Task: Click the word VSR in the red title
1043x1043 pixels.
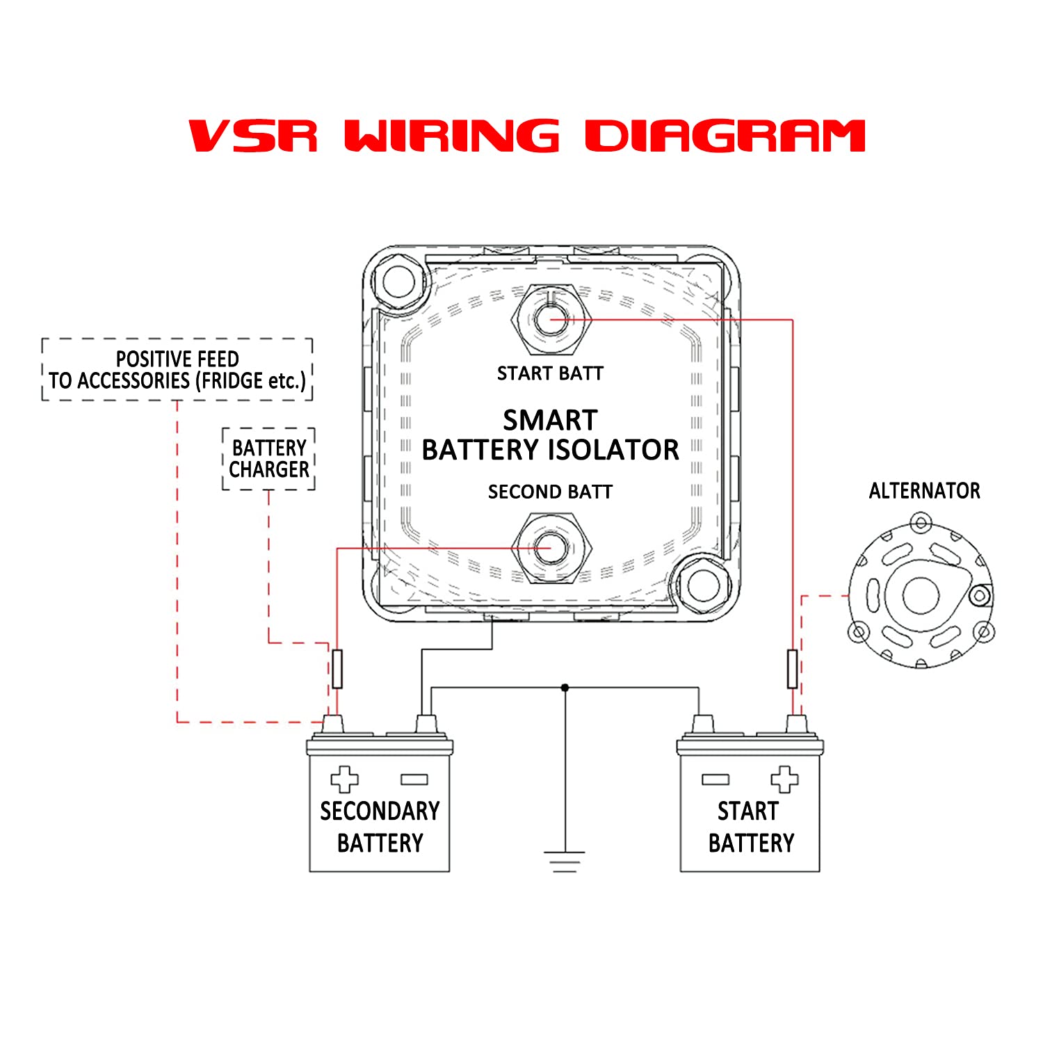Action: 253,136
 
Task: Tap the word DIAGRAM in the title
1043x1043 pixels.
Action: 725,136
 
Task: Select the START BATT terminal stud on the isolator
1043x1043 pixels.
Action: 550,319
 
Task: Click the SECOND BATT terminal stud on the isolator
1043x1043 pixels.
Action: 550,548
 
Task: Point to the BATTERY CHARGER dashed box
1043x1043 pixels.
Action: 269,459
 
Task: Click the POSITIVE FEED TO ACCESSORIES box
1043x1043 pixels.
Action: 177,370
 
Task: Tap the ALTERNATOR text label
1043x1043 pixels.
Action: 924,491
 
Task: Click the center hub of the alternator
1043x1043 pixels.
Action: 921,595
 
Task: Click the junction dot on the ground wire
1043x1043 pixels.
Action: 565,688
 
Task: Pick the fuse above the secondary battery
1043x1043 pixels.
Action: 337,669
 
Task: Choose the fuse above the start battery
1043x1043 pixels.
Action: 792,669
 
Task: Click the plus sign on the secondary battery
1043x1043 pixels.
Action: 344,779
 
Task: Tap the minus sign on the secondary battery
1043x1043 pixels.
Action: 414,779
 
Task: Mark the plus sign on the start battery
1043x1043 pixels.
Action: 784,779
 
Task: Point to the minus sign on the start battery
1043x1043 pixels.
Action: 715,779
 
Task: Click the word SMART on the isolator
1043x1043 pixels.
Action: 550,421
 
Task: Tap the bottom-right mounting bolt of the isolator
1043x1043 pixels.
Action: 703,584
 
